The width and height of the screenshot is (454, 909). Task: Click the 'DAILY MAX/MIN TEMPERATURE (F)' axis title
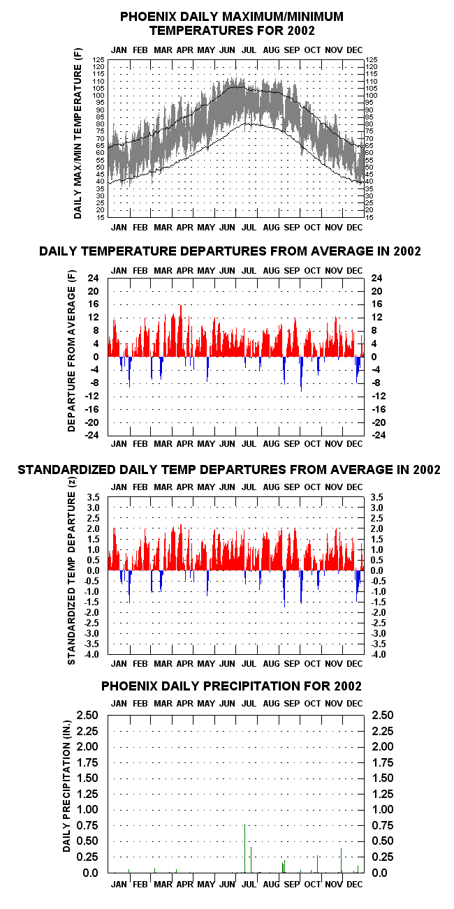(78, 133)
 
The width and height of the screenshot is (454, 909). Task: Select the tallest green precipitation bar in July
(244, 848)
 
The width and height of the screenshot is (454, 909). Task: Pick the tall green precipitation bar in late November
(341, 860)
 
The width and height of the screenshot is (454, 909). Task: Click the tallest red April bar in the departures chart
(181, 331)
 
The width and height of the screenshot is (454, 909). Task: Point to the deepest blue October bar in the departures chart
(301, 374)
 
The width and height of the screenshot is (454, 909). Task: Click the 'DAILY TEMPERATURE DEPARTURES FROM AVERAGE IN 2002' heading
(230, 251)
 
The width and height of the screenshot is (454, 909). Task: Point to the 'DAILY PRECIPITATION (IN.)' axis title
(67, 786)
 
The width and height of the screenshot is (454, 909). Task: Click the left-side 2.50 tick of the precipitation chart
(88, 715)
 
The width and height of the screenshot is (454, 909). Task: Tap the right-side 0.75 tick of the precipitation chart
(383, 825)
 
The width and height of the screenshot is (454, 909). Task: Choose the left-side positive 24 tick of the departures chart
(93, 278)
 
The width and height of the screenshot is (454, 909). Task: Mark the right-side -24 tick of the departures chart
(379, 435)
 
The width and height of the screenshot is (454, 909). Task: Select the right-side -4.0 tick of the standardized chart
(379, 654)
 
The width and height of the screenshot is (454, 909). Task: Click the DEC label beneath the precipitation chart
(355, 885)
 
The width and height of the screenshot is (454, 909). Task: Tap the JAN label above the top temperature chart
(119, 50)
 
